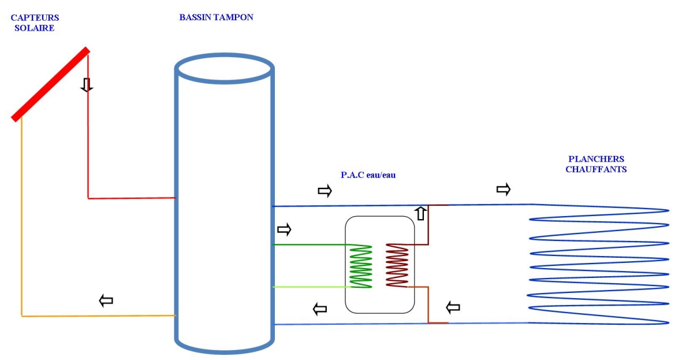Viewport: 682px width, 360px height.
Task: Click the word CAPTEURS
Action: pos(35,17)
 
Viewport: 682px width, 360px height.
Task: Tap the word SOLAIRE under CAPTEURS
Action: pos(35,28)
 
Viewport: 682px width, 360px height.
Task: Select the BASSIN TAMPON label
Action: pos(216,17)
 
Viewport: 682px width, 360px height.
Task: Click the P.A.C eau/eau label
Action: pos(368,175)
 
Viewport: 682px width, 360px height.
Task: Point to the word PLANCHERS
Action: pos(597,159)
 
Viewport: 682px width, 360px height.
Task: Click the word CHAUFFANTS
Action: pos(596,169)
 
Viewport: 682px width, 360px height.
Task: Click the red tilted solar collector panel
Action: pos(50,84)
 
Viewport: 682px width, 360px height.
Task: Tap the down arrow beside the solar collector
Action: pos(87,84)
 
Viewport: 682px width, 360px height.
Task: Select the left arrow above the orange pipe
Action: pos(106,300)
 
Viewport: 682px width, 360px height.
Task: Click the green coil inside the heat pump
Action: pos(362,266)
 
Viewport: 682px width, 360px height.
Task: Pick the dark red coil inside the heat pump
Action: pos(397,265)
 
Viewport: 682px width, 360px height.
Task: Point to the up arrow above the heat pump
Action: pos(420,213)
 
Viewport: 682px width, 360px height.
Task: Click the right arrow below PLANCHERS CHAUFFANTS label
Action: pos(503,189)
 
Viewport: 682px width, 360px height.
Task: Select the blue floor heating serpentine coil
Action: pos(598,264)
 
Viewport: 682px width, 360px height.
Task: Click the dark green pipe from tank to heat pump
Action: pos(311,244)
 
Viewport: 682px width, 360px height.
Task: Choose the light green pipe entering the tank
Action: pos(311,287)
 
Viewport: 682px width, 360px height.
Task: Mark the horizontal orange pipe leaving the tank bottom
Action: pos(98,316)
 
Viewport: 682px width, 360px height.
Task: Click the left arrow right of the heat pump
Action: pos(453,307)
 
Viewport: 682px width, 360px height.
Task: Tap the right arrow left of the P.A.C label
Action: pos(325,191)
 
